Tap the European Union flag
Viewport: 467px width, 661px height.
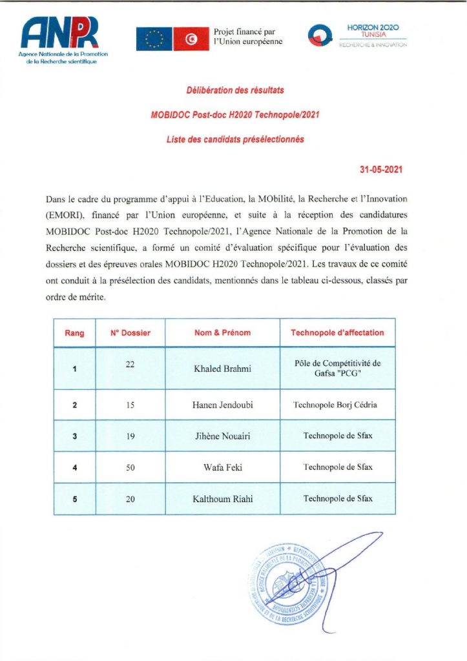pos(154,39)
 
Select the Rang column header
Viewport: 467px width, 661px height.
pos(75,333)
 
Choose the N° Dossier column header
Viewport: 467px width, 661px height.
pos(130,333)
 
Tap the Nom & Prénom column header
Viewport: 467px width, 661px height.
pos(222,333)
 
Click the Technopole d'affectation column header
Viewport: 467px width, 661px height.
pos(337,333)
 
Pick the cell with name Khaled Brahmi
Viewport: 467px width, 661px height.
pos(222,369)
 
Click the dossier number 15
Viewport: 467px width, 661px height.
pos(130,404)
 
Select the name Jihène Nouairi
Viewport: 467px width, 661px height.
pos(222,436)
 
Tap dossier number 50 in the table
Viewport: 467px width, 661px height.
pos(130,466)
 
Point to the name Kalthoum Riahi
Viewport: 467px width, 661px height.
pos(222,498)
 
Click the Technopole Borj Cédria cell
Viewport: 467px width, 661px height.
pos(337,405)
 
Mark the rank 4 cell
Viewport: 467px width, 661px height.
pos(75,467)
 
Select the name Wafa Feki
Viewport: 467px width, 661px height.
pos(222,467)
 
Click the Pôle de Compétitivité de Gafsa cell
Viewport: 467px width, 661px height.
pos(337,369)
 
